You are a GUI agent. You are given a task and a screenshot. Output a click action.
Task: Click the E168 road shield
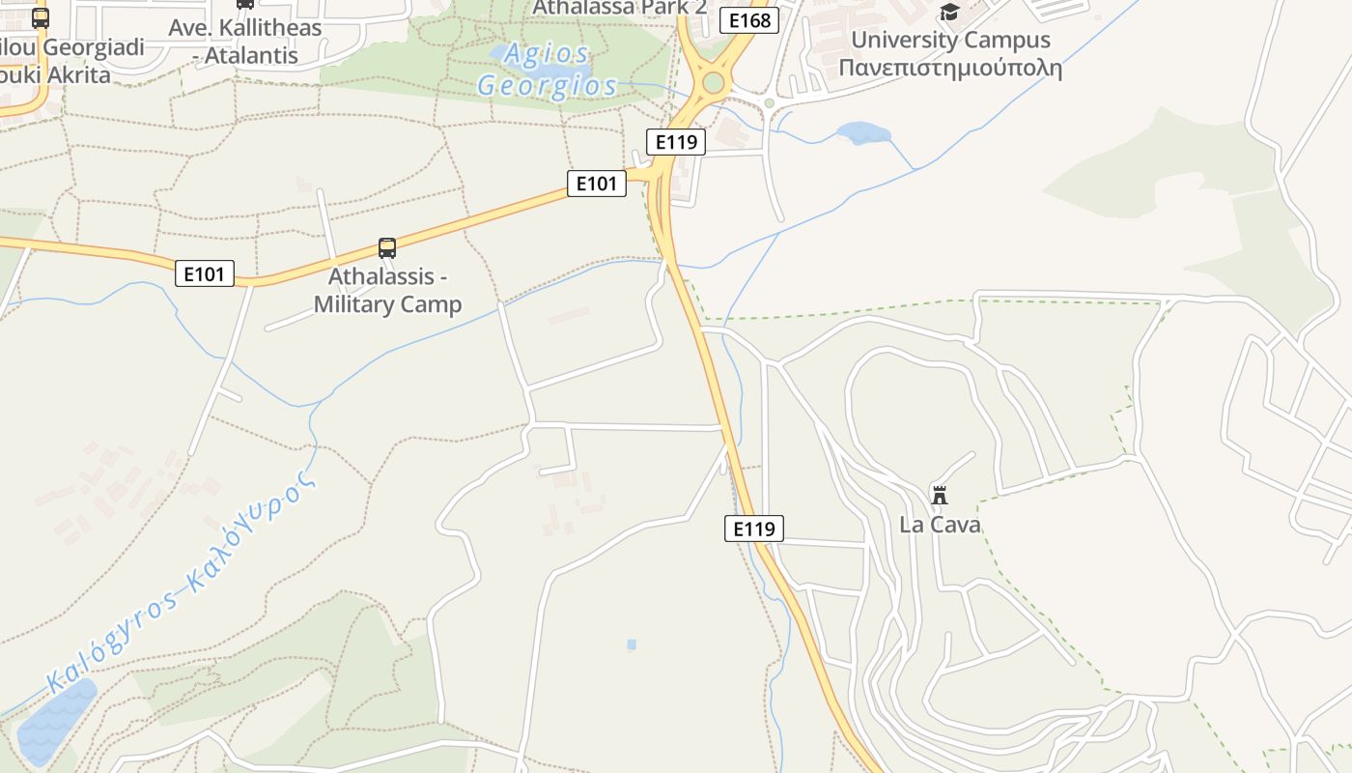pyautogui.click(x=749, y=20)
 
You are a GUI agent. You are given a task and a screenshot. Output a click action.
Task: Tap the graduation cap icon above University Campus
pyautogui.click(x=949, y=12)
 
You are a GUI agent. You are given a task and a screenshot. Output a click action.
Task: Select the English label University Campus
pyautogui.click(x=950, y=41)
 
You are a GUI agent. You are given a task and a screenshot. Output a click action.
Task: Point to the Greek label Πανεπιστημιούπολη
pyautogui.click(x=950, y=69)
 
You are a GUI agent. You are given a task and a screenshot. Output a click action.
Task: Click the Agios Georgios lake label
pyautogui.click(x=548, y=70)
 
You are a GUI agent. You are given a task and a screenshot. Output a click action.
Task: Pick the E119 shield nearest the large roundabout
pyautogui.click(x=675, y=142)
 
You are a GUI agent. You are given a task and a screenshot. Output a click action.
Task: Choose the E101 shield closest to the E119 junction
pyautogui.click(x=597, y=183)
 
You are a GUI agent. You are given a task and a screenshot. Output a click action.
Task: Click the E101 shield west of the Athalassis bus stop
pyautogui.click(x=205, y=274)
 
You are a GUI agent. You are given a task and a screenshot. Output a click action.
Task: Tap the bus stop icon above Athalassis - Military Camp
pyautogui.click(x=387, y=248)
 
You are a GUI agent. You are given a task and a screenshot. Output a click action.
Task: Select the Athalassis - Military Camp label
pyautogui.click(x=387, y=291)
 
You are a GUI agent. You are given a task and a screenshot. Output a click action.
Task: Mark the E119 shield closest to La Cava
pyautogui.click(x=754, y=529)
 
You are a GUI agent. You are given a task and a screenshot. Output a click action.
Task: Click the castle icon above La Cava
pyautogui.click(x=939, y=496)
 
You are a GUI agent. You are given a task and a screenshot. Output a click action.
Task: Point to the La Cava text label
pyautogui.click(x=940, y=525)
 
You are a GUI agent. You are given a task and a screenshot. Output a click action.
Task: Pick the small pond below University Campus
pyautogui.click(x=862, y=132)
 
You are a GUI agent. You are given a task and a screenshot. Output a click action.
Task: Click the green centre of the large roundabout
pyautogui.click(x=713, y=83)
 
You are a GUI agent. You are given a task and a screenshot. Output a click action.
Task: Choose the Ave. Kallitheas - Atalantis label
pyautogui.click(x=244, y=42)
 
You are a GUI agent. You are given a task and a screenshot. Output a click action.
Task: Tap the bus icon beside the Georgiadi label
pyautogui.click(x=41, y=18)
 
